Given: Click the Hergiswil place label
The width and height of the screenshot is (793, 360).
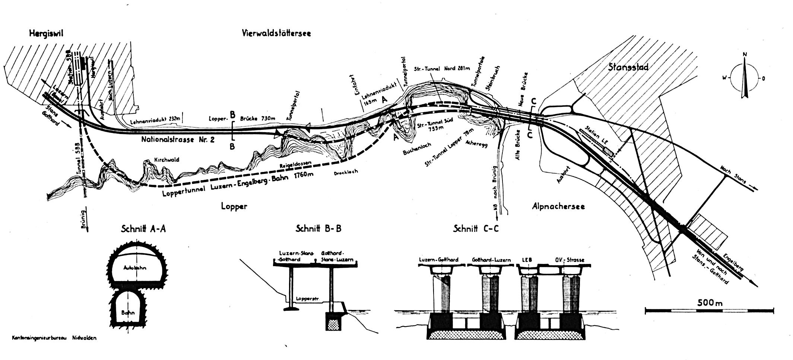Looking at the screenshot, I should [x=47, y=34].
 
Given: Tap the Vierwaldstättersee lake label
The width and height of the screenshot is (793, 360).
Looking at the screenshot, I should [x=276, y=33].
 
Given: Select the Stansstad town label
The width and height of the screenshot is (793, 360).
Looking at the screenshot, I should [x=628, y=67].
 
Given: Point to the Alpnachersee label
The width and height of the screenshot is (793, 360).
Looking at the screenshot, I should [x=558, y=206].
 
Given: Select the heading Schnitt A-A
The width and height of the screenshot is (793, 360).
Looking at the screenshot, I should [x=143, y=229].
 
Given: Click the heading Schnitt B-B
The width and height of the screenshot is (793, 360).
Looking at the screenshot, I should [x=318, y=229].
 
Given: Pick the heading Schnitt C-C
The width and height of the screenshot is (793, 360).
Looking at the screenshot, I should [x=476, y=229].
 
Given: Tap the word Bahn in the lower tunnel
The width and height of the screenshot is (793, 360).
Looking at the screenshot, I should [x=128, y=313].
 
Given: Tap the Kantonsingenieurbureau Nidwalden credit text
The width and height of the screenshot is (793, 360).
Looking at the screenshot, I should [x=54, y=338].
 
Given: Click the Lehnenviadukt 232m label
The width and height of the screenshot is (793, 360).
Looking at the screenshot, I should [x=155, y=120].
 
